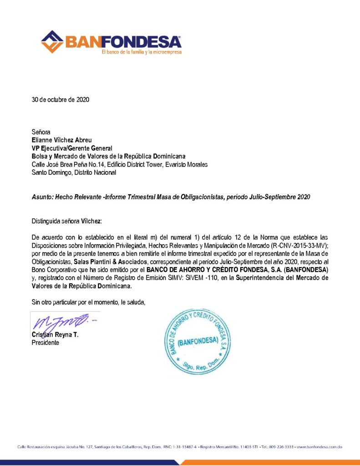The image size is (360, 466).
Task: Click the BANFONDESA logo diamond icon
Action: click(52, 41)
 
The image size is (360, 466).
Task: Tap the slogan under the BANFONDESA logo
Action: click(141, 52)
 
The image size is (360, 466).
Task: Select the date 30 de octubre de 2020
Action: click(60, 100)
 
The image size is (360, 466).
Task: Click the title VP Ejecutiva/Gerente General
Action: click(71, 148)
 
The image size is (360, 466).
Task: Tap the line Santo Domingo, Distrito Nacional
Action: click(74, 172)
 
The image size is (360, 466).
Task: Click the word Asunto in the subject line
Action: click(42, 197)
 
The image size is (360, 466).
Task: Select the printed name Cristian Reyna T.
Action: click(55, 334)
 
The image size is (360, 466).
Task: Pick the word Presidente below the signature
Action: click(45, 343)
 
